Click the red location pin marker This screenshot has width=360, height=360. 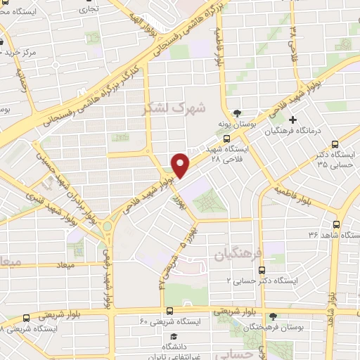click(181, 165)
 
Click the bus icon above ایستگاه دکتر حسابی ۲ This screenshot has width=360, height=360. click(262, 269)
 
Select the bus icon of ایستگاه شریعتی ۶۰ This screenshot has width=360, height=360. click(169, 310)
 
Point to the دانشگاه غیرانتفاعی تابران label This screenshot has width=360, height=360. click(169, 352)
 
